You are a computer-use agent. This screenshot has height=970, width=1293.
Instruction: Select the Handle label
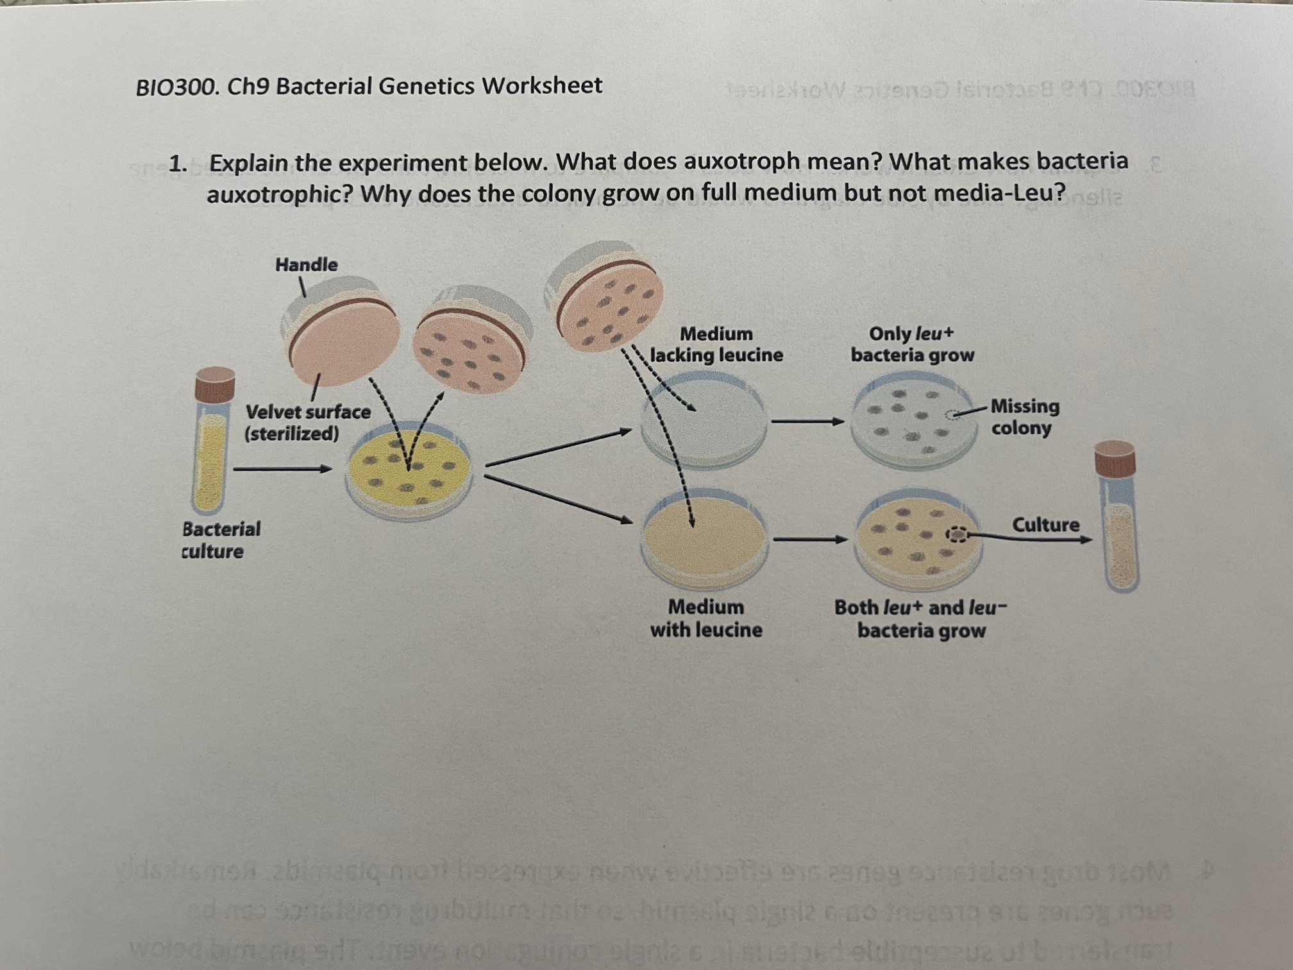point(306,264)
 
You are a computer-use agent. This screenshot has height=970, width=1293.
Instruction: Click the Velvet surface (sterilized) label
point(307,422)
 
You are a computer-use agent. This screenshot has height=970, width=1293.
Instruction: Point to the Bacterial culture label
point(221,540)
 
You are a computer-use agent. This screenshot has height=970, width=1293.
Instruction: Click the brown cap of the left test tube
point(214,384)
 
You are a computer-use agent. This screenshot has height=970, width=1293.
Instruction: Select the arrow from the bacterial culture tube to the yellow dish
point(282,469)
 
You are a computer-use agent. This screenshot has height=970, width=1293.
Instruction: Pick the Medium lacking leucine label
point(716,345)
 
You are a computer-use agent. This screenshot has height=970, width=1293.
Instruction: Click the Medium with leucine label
point(706,618)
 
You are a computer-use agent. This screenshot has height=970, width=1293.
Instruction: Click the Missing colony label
point(1024,417)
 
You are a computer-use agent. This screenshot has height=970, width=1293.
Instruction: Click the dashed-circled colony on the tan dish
point(956,534)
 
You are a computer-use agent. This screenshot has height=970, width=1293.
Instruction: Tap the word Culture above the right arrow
point(1045,525)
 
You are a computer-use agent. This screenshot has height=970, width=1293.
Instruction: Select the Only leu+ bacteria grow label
point(912,345)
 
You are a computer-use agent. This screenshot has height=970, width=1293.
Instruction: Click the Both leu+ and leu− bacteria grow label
point(921,619)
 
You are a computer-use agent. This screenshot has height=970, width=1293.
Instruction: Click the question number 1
point(176,164)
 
